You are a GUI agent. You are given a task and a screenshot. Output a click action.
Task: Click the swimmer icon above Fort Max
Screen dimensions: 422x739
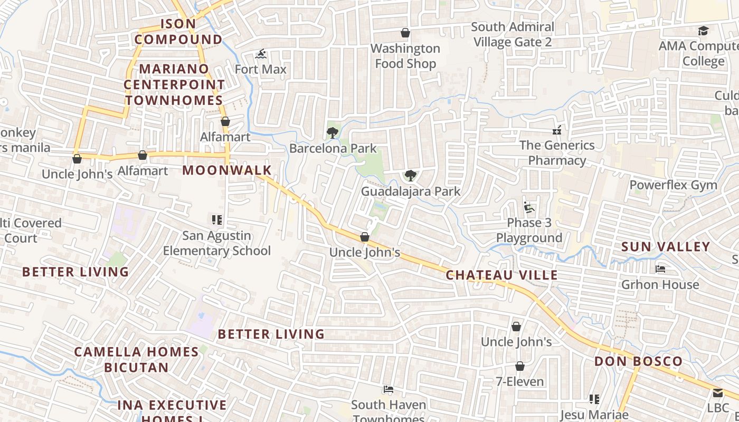click(x=261, y=54)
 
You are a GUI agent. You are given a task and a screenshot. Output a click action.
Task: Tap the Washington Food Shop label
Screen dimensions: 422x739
click(x=405, y=56)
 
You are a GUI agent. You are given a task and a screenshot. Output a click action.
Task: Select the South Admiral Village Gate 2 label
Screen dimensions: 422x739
click(x=513, y=34)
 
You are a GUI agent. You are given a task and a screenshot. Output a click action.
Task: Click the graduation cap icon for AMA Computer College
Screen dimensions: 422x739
click(x=703, y=31)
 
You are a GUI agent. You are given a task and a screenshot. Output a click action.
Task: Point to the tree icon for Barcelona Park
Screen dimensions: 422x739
click(x=332, y=133)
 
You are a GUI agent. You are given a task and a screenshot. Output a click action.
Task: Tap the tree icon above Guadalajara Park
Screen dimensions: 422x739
click(x=410, y=176)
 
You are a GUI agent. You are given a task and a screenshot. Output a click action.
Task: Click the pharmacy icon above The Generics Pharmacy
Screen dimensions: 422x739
click(x=557, y=130)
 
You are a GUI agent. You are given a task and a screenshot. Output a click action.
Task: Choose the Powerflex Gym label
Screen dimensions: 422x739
click(x=673, y=185)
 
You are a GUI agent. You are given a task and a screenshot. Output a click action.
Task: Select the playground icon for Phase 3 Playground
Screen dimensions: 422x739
click(x=528, y=207)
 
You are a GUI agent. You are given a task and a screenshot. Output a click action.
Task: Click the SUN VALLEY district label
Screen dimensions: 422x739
click(x=666, y=247)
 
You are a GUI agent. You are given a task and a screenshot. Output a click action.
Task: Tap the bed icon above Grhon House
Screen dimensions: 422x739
click(x=660, y=269)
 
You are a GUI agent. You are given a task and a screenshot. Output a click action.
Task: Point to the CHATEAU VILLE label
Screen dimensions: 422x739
click(x=501, y=275)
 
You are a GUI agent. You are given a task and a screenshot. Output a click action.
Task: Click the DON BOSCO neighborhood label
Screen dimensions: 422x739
click(x=638, y=361)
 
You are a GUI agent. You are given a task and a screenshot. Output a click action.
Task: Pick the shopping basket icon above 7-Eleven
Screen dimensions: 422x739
click(x=520, y=366)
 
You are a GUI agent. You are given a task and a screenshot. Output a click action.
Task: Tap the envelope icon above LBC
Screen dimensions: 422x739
click(x=717, y=393)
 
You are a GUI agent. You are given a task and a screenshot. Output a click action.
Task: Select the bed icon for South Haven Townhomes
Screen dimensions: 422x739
click(x=389, y=390)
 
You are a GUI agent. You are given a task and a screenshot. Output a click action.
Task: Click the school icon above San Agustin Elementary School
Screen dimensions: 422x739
click(x=216, y=219)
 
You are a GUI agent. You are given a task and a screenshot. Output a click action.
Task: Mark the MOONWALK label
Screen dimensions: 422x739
click(x=227, y=170)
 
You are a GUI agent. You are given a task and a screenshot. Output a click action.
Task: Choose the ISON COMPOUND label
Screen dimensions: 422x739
click(x=178, y=32)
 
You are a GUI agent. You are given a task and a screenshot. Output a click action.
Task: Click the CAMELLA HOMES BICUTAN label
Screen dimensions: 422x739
click(x=136, y=359)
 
